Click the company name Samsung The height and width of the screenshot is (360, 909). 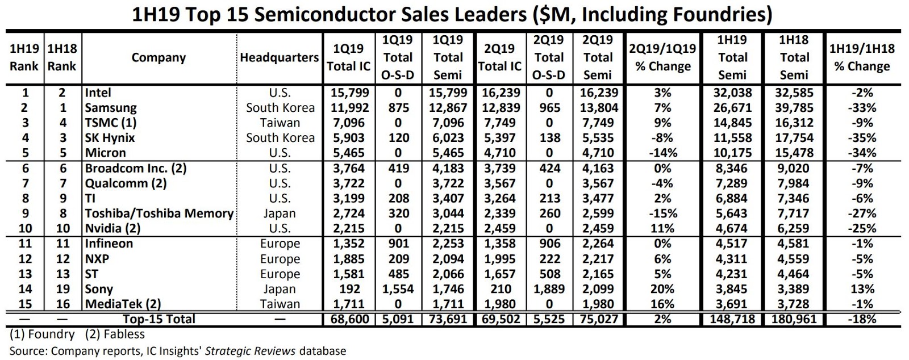pyautogui.click(x=111, y=108)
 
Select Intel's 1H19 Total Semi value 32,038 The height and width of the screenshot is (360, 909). pyautogui.click(x=732, y=93)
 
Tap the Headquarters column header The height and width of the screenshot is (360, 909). pyautogui.click(x=279, y=58)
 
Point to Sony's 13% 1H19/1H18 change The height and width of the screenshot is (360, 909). pyautogui.click(x=862, y=289)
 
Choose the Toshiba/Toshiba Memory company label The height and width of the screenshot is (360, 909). pyautogui.click(x=159, y=214)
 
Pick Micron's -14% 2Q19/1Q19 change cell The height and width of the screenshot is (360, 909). pyautogui.click(x=662, y=153)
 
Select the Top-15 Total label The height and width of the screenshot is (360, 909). pyautogui.click(x=159, y=319)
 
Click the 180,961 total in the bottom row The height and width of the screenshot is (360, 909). pyautogui.click(x=794, y=319)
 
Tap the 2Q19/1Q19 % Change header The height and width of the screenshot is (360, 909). pyautogui.click(x=662, y=57)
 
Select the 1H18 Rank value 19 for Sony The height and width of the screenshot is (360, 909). pyautogui.click(x=62, y=289)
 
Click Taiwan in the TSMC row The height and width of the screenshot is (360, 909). pyautogui.click(x=280, y=123)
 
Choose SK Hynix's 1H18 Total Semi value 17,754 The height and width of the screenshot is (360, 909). pyautogui.click(x=794, y=138)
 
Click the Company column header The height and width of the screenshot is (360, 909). pyautogui.click(x=159, y=58)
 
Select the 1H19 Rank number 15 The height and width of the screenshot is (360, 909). pyautogui.click(x=25, y=304)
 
